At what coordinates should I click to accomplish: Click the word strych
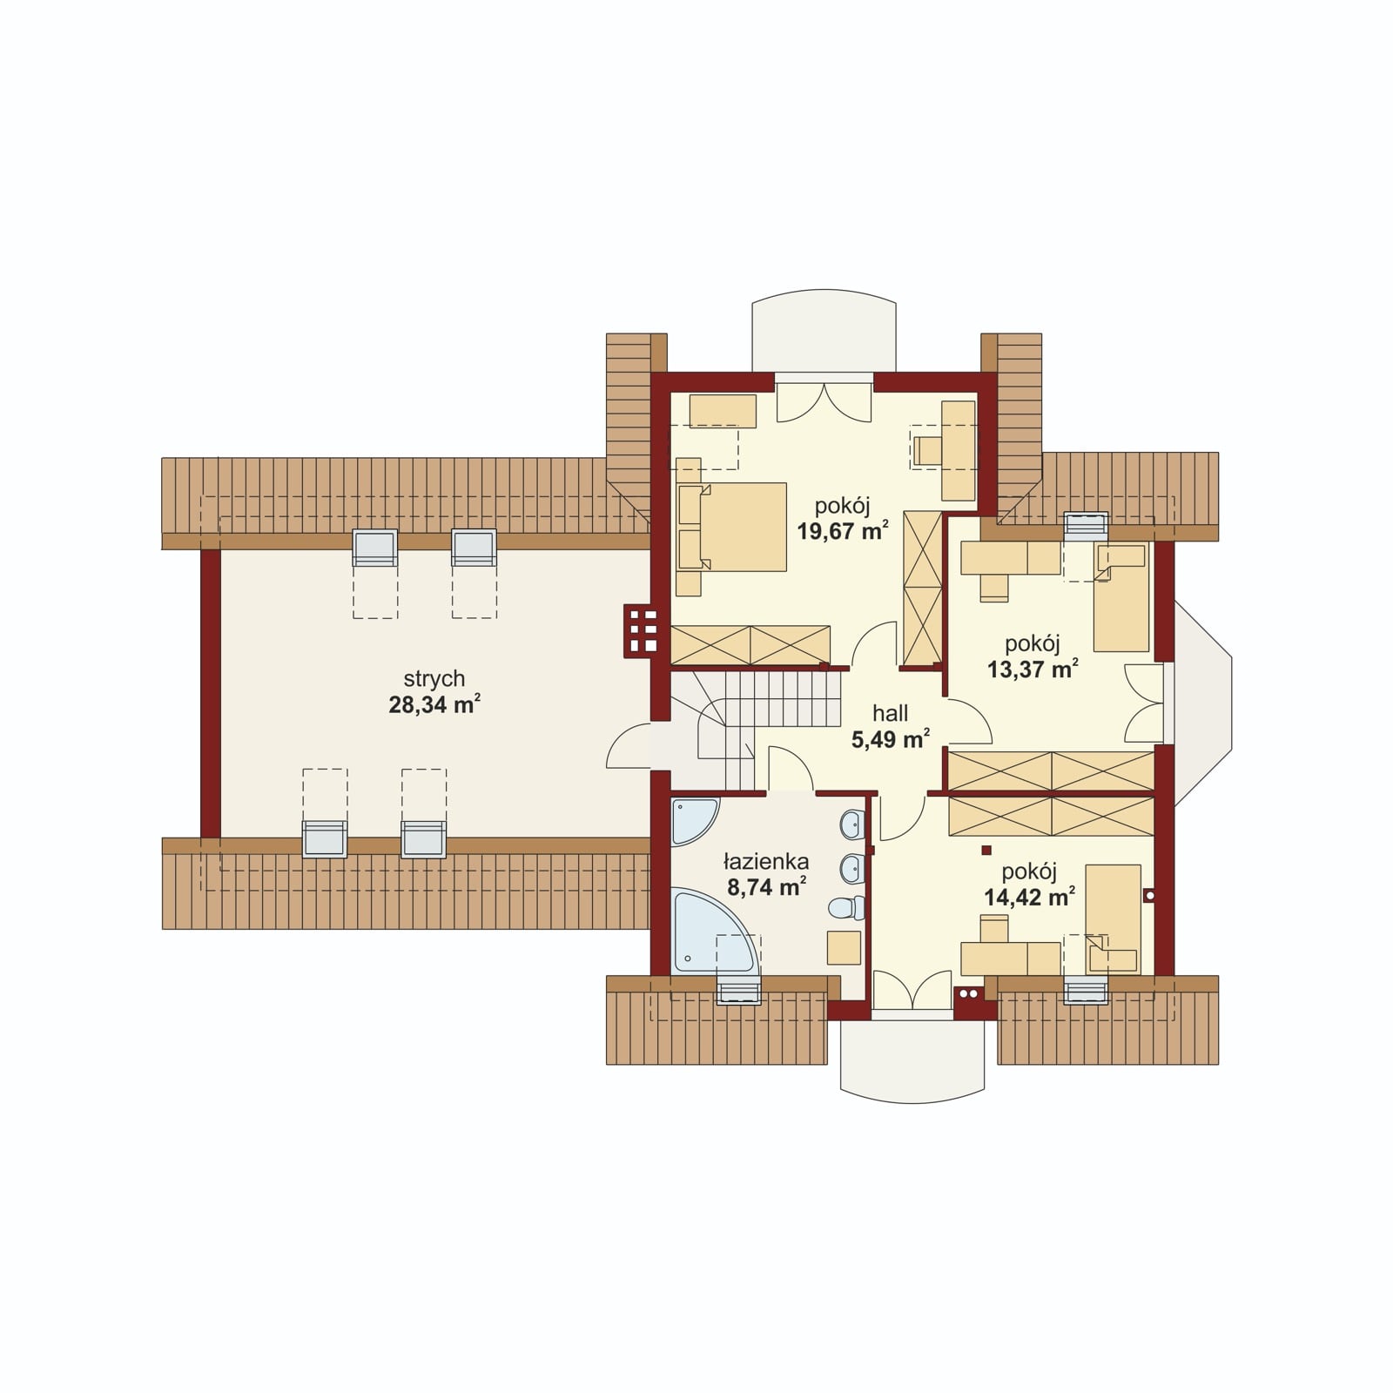pyautogui.click(x=434, y=679)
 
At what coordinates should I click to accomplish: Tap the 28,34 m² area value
pyautogui.click(x=434, y=704)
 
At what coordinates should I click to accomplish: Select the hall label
pyautogui.click(x=890, y=713)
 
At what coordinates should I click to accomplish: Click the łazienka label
pyautogui.click(x=766, y=862)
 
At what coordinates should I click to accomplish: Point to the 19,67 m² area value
pyautogui.click(x=843, y=530)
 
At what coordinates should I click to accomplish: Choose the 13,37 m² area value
pyautogui.click(x=1033, y=669)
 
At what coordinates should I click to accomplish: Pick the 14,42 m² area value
pyautogui.click(x=1029, y=897)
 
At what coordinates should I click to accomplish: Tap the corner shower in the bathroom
pyautogui.click(x=694, y=821)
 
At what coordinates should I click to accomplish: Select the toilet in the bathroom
pyautogui.click(x=845, y=909)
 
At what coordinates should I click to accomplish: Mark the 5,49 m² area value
pyautogui.click(x=890, y=739)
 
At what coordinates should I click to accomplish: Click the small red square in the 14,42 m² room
pyautogui.click(x=986, y=850)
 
